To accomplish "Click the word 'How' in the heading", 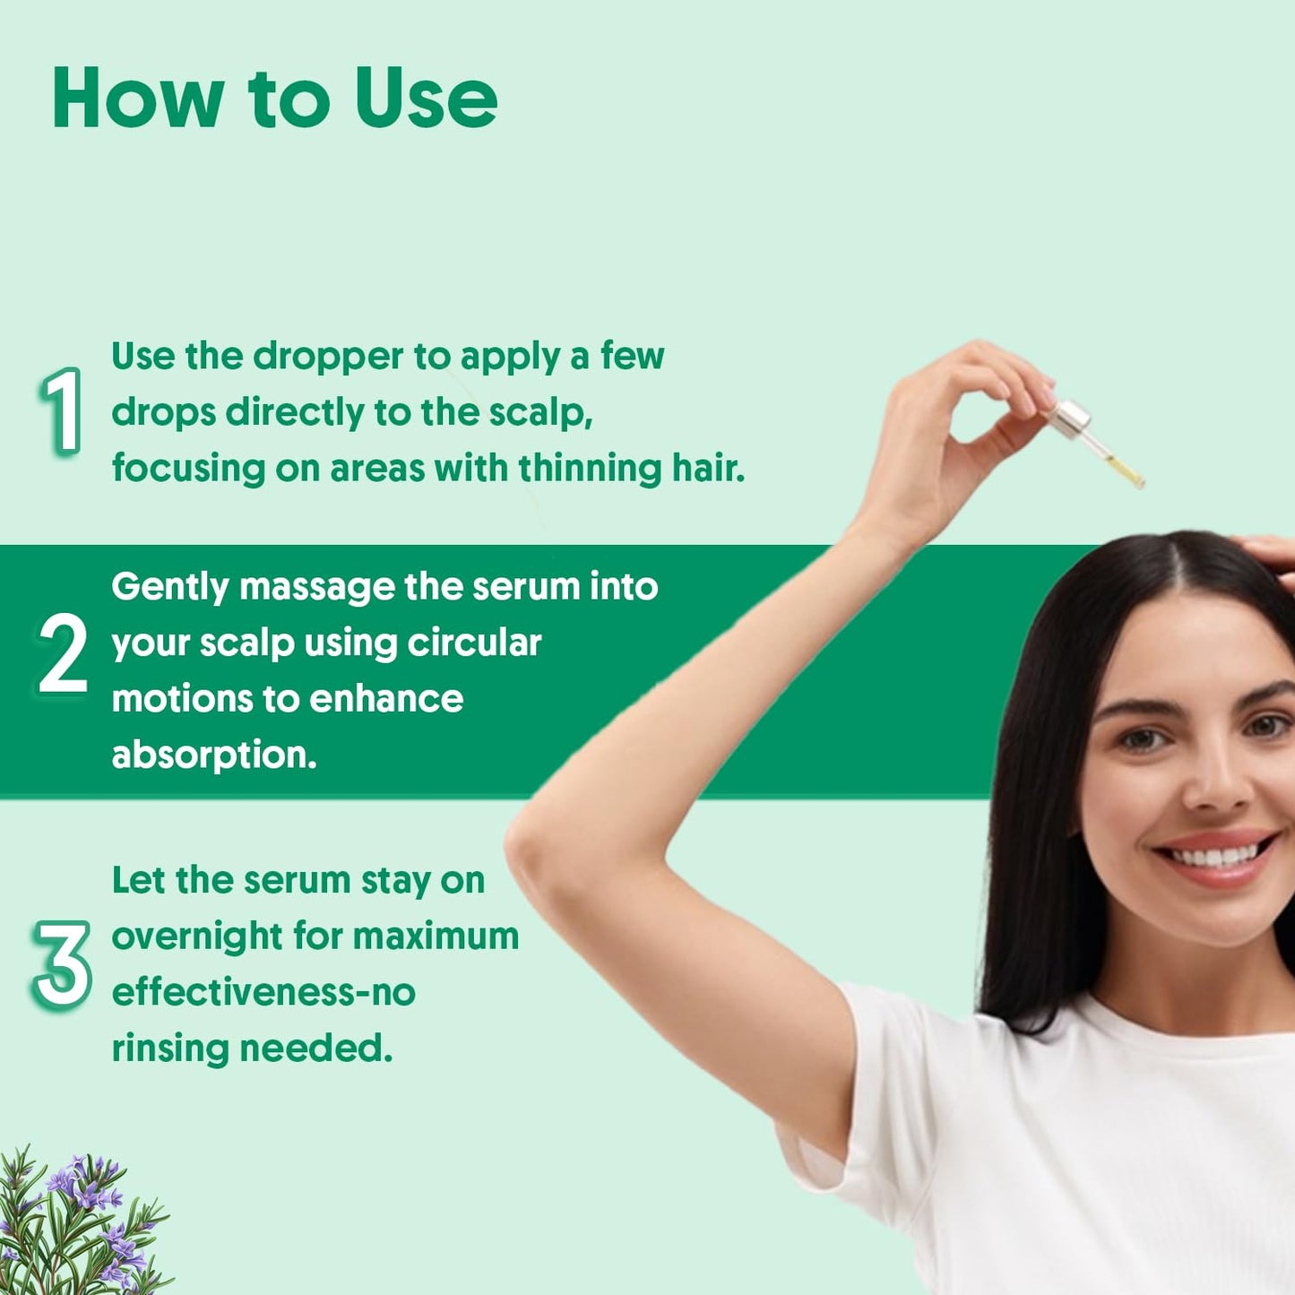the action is [138, 98].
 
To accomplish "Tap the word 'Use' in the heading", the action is [427, 98].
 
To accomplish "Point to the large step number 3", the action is [62, 965].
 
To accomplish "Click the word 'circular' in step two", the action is [474, 643].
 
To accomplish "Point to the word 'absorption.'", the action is [213, 755].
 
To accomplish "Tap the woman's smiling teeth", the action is [1215, 856].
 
